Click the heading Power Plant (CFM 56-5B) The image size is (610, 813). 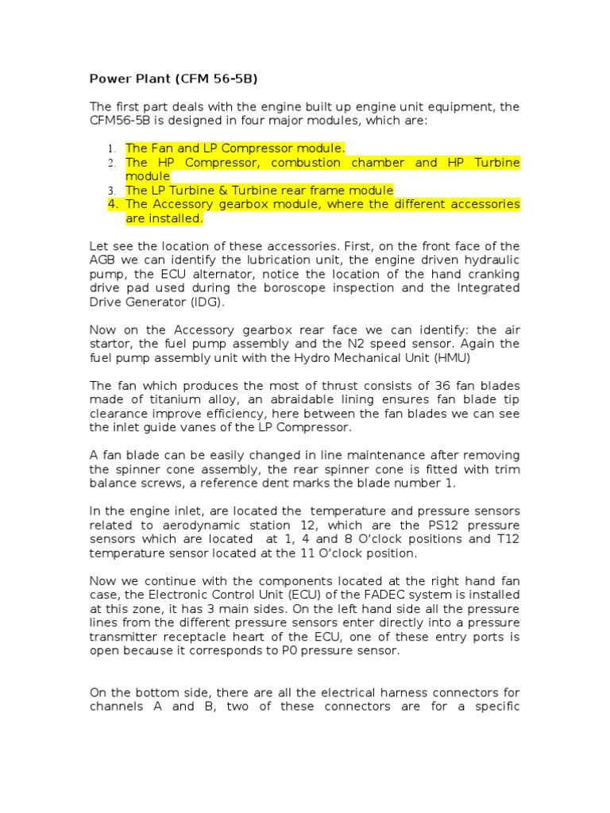[173, 79]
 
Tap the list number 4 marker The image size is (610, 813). [112, 205]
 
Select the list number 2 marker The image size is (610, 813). [112, 163]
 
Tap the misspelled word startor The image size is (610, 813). [112, 344]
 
